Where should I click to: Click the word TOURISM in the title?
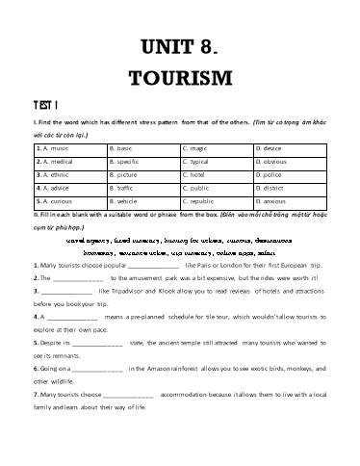180,77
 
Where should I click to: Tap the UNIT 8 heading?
180,44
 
